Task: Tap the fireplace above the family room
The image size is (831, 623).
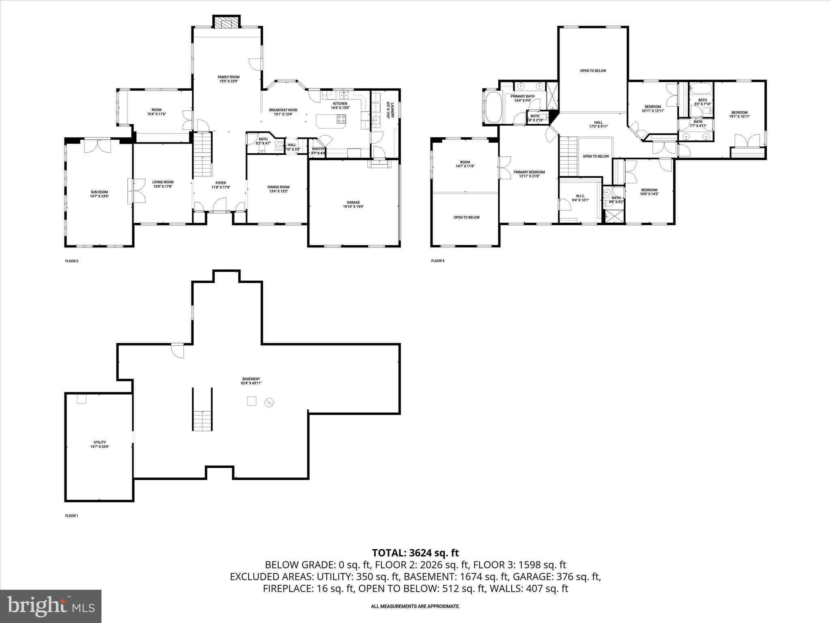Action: (227, 23)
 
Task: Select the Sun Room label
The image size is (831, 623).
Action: (99, 194)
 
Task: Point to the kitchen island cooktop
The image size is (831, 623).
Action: (341, 119)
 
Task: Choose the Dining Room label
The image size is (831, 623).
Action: (278, 189)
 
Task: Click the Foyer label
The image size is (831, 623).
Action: (220, 185)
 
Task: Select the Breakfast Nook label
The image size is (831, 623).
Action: (283, 112)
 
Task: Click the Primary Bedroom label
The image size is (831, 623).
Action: (529, 174)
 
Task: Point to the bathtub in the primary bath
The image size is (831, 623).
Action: (493, 107)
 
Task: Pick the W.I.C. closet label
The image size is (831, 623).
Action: (580, 198)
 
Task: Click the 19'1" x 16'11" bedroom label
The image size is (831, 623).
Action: (739, 114)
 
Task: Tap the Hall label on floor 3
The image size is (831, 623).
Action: (598, 124)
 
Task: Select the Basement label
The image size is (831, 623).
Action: (251, 381)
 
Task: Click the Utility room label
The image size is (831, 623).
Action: (99, 444)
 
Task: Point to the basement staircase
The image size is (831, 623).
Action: (202, 420)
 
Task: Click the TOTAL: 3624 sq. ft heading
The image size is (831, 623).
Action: (415, 553)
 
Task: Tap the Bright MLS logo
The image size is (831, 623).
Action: (51, 606)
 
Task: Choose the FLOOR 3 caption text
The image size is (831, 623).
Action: (437, 261)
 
